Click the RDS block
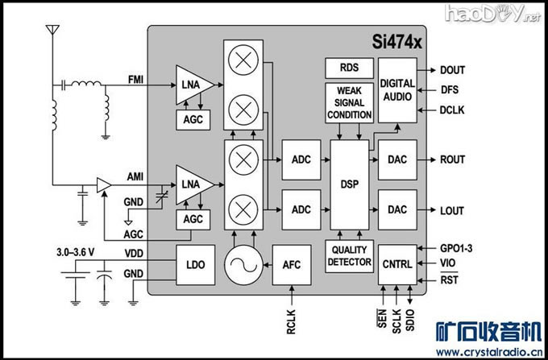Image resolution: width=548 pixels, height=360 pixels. [x=349, y=68]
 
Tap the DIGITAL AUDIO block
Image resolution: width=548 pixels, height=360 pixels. [x=397, y=89]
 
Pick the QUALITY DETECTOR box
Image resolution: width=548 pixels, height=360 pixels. [x=349, y=256]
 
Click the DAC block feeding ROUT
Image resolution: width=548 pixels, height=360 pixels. [x=397, y=159]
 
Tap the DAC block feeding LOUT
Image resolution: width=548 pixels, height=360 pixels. [x=397, y=210]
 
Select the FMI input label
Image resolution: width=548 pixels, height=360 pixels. [x=136, y=78]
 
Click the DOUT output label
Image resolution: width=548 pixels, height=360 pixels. [x=452, y=70]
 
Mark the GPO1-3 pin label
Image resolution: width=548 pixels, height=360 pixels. [x=457, y=248]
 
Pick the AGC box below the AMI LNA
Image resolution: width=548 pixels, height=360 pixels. [x=193, y=219]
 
